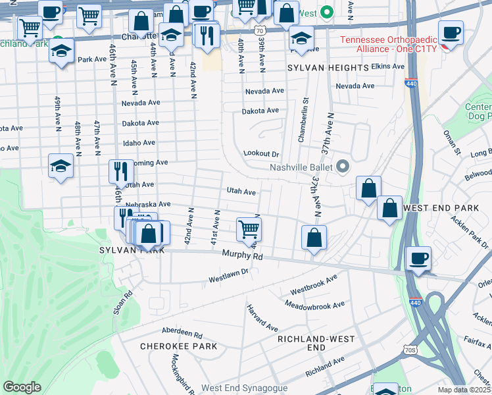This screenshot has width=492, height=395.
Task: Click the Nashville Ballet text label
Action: (x=302, y=167)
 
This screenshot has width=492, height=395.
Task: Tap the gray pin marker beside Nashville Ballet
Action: (x=342, y=167)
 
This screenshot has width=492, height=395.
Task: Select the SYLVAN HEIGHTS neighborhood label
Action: (x=328, y=68)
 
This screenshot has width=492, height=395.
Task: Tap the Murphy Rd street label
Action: (x=242, y=255)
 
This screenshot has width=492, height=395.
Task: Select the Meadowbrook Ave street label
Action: (x=314, y=305)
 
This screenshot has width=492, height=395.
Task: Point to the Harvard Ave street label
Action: (x=262, y=317)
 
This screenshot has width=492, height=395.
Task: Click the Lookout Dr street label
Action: (x=262, y=153)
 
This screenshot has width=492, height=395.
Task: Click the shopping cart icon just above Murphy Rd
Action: (x=249, y=229)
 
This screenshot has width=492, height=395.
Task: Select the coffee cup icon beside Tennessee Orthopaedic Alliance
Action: (x=451, y=32)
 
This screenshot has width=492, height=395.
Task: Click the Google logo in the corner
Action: (x=22, y=387)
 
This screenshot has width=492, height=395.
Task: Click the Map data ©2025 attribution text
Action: (x=464, y=390)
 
